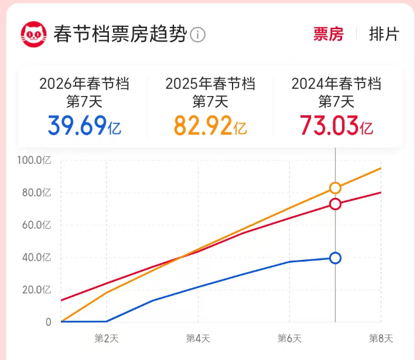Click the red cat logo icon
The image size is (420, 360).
(x=34, y=34)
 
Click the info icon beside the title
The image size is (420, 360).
(x=198, y=35)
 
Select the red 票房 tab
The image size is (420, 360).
(x=328, y=34)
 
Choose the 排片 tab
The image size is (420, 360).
(x=384, y=34)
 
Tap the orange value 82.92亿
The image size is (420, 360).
(x=210, y=125)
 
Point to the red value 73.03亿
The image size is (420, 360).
(x=336, y=125)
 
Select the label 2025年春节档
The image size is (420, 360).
(x=210, y=84)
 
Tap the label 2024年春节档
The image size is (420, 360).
(x=336, y=84)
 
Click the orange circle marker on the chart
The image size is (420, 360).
(x=335, y=188)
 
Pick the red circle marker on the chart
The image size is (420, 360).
(x=335, y=204)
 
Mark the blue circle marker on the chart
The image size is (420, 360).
(x=335, y=258)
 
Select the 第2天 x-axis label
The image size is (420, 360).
(x=106, y=338)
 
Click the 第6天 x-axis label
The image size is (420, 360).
(x=289, y=338)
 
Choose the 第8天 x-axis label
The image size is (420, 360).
(x=381, y=338)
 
